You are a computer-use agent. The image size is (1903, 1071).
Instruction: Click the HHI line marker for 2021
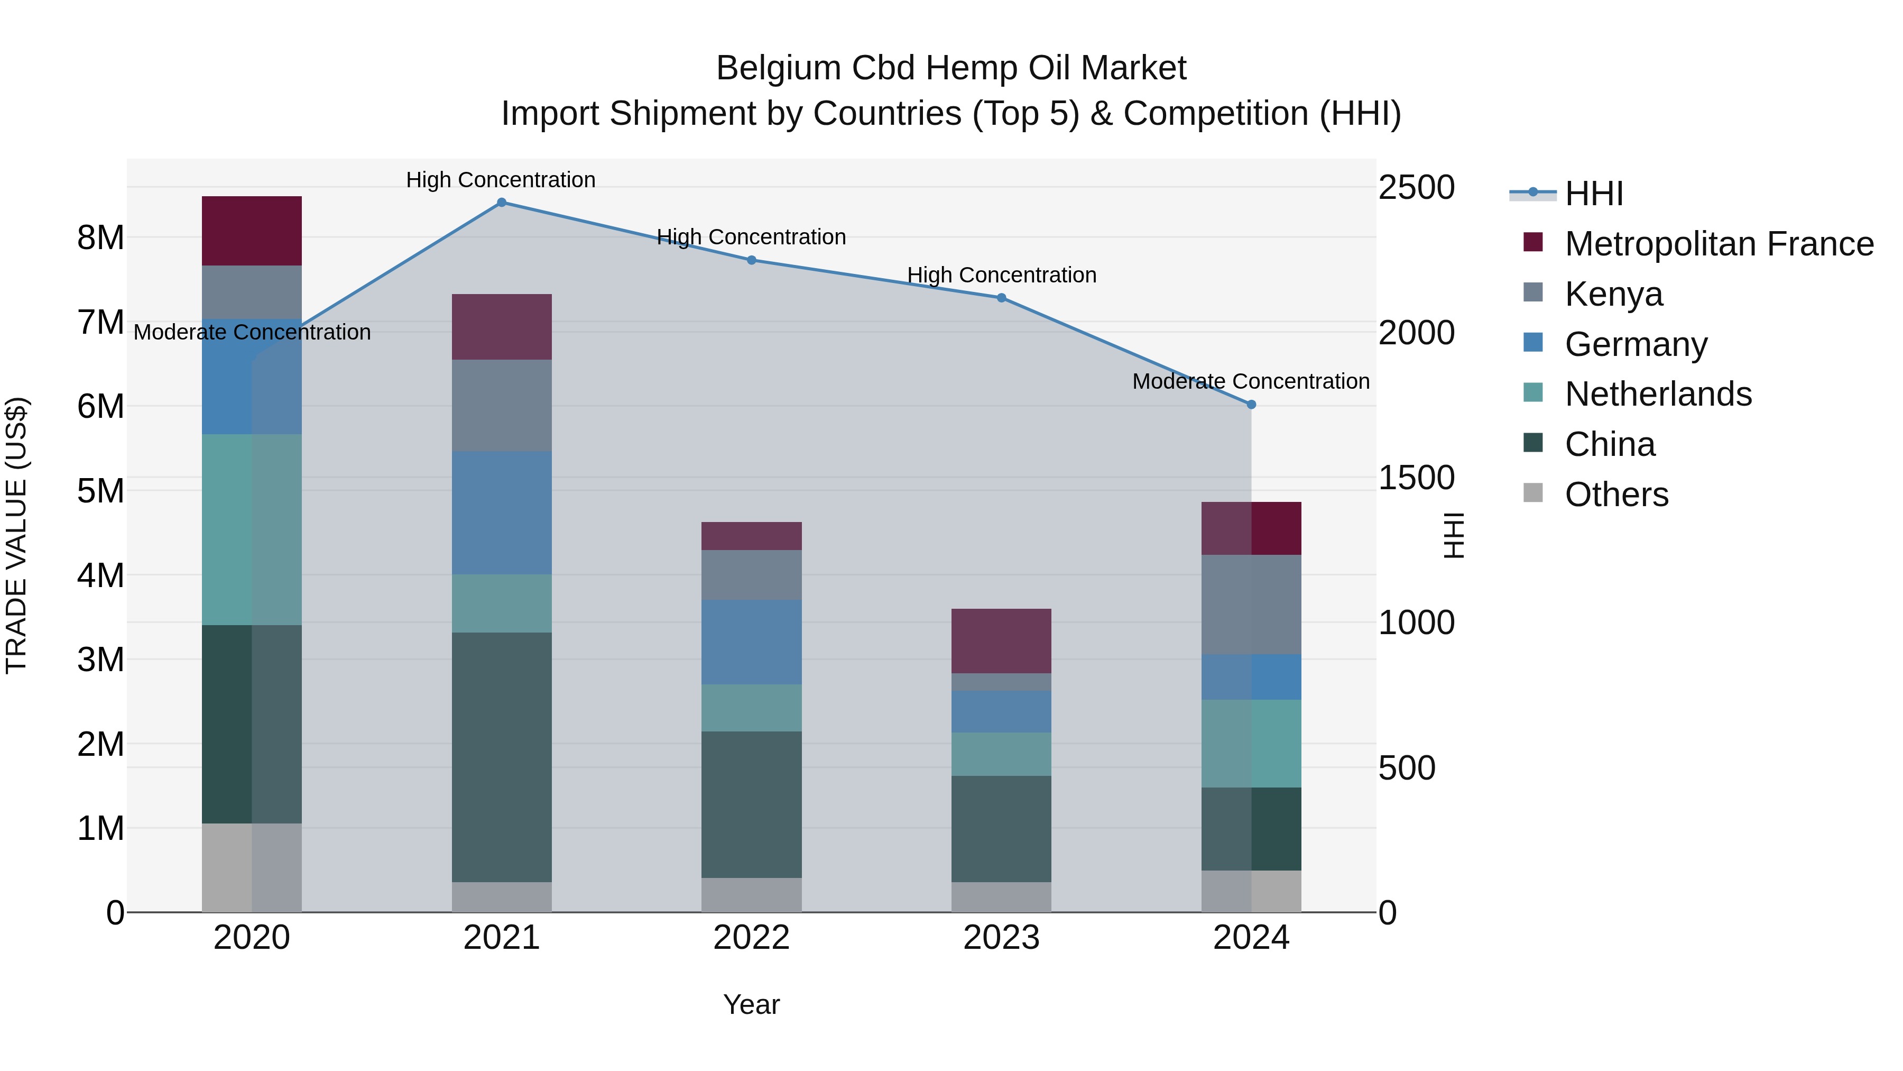(x=502, y=203)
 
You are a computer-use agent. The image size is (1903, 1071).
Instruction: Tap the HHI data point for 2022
(x=751, y=260)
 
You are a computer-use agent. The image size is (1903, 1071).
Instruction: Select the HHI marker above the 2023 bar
(x=1001, y=298)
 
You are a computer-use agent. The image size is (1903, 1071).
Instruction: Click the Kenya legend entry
(x=1613, y=294)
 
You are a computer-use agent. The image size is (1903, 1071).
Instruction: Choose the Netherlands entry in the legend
(x=1658, y=394)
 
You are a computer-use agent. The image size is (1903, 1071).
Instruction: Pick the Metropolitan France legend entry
(x=1719, y=244)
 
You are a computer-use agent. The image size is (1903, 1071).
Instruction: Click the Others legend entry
(x=1616, y=495)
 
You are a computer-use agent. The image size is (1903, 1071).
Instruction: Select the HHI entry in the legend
(x=1593, y=194)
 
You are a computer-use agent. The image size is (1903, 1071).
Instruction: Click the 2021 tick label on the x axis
(x=502, y=938)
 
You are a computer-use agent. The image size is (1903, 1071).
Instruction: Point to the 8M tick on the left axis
(x=100, y=238)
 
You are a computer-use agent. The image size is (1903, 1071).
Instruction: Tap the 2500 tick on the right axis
(x=1416, y=187)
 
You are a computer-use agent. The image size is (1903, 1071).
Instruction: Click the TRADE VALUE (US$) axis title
(x=16, y=535)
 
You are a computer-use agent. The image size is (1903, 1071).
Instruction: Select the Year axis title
(x=751, y=1004)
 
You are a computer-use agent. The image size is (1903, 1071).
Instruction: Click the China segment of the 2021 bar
(x=502, y=757)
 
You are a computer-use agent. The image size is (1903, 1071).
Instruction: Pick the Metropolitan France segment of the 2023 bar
(x=1001, y=641)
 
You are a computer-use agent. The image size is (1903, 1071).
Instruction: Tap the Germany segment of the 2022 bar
(x=751, y=642)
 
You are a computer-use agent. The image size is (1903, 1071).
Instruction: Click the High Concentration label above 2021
(x=501, y=180)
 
